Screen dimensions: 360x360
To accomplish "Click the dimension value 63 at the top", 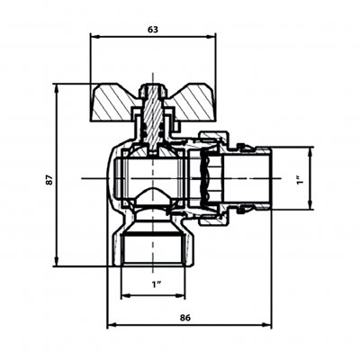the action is pos(153,30).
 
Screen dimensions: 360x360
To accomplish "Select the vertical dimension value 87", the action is pos(49,179).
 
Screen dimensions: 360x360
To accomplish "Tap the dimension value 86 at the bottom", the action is pos(185,318).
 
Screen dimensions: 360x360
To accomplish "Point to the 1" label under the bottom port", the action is pos(157,284).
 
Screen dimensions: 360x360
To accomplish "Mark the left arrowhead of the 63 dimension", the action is pos(94,36).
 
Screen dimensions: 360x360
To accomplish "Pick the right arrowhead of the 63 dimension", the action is pos(211,36).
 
